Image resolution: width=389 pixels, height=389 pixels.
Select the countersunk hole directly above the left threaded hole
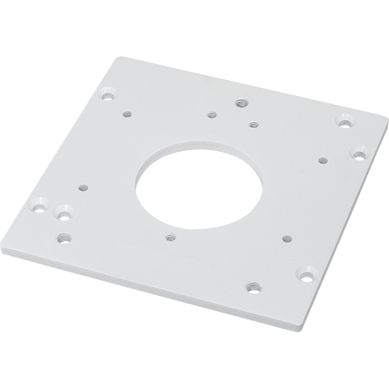[63, 211]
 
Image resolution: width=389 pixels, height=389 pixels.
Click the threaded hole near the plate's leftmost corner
[62, 237]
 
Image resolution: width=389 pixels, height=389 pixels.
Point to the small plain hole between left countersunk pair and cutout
[82, 187]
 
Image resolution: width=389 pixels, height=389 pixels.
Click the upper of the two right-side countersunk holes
[343, 120]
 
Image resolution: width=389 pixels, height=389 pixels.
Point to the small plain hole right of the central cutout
[322, 158]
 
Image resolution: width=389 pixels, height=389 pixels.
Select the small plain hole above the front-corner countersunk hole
[287, 237]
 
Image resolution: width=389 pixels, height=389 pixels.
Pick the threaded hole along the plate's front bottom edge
[252, 285]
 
